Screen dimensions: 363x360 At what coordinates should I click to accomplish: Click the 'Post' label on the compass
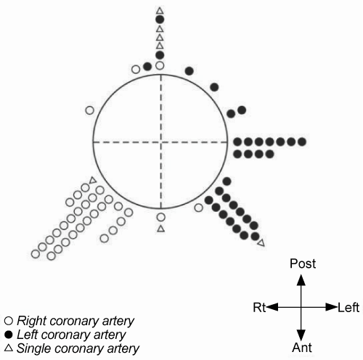(303, 263)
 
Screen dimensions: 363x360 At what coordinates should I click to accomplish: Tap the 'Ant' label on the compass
(302, 348)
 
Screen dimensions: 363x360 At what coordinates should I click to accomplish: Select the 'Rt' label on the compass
(259, 308)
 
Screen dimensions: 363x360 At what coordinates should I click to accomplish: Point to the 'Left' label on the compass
(348, 308)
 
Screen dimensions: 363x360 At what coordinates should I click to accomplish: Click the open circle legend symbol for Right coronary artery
(9, 321)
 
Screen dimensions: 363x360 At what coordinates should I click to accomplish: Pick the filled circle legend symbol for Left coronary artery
(9, 335)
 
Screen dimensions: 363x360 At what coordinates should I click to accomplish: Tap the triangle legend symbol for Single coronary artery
(9, 348)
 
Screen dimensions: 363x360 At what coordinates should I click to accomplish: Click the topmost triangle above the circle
(160, 11)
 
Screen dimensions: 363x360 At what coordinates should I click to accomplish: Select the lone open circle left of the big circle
(89, 110)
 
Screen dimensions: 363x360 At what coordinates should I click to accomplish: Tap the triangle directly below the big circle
(161, 229)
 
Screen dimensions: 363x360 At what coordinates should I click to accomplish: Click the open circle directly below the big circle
(161, 217)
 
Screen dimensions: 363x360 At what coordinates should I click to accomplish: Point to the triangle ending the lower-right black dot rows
(261, 243)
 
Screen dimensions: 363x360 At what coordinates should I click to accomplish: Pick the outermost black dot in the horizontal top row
(302, 142)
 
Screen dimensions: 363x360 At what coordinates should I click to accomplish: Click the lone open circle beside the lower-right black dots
(198, 208)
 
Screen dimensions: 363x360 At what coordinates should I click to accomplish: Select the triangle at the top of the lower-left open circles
(93, 180)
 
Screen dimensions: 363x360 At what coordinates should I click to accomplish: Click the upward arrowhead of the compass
(301, 279)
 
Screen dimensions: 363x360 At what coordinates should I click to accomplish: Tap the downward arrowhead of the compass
(301, 335)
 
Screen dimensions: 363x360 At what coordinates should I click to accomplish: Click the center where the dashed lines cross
(161, 142)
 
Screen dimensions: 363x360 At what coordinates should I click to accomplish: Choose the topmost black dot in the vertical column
(160, 20)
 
